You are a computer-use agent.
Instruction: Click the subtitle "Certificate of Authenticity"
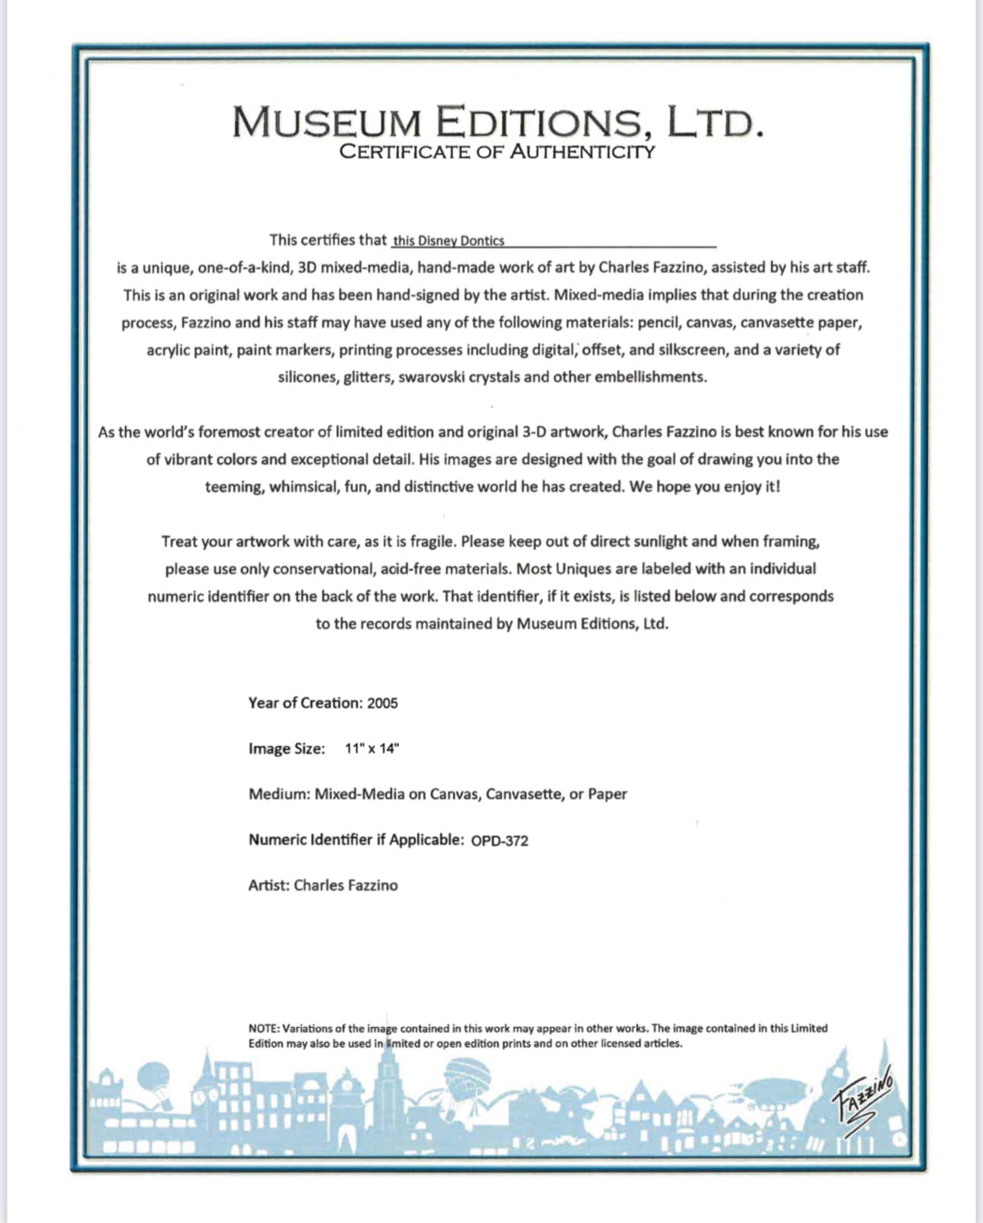pyautogui.click(x=497, y=152)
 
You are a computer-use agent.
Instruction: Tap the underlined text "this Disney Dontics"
pyautogui.click(x=449, y=241)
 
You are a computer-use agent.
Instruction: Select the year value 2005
pyautogui.click(x=382, y=704)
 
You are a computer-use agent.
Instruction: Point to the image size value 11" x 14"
pyautogui.click(x=371, y=749)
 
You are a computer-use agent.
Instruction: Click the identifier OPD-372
pyautogui.click(x=500, y=841)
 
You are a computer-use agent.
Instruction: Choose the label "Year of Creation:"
pyautogui.click(x=305, y=704)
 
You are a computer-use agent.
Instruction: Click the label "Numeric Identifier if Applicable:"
pyautogui.click(x=355, y=840)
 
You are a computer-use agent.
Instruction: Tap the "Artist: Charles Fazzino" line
pyautogui.click(x=323, y=885)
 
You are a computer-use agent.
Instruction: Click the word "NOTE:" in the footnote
pyautogui.click(x=264, y=1028)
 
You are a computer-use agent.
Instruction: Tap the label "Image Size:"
pyautogui.click(x=286, y=749)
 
